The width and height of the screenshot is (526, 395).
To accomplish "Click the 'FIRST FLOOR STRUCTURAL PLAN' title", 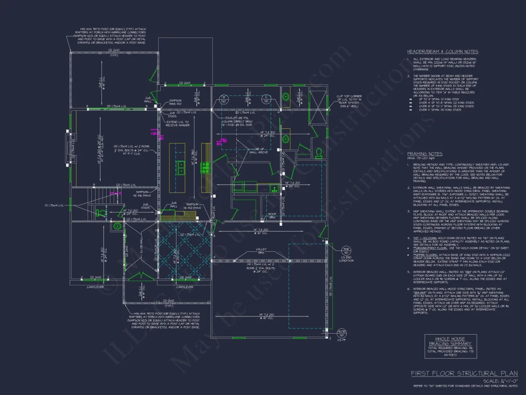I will tap(464, 373).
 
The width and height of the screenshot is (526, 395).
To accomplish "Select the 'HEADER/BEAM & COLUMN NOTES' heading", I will tap(442, 51).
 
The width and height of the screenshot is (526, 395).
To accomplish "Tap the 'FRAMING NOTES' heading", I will tap(425, 154).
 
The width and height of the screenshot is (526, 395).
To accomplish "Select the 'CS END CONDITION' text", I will tap(346, 259).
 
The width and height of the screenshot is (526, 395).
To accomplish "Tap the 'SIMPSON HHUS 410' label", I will tap(175, 102).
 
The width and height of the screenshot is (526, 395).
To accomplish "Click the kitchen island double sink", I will tap(182, 167).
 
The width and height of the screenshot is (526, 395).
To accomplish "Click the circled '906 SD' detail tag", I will tap(346, 250).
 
